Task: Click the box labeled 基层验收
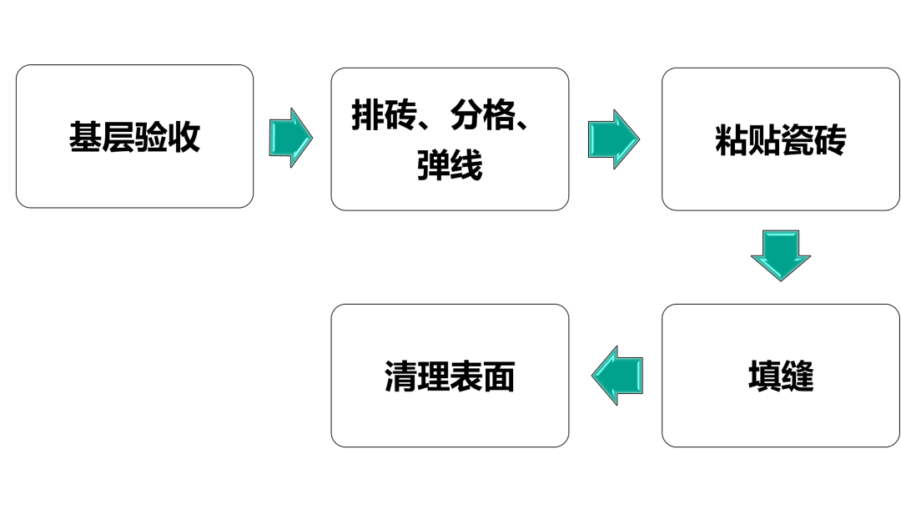[134, 136]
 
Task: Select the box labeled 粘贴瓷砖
[780, 139]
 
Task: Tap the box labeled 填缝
[780, 375]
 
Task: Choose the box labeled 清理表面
[450, 375]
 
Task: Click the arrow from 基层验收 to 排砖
[290, 137]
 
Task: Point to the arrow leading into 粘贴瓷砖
[613, 139]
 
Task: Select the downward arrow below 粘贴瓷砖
[780, 255]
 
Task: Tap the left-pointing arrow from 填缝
[618, 376]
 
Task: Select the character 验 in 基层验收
[151, 137]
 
